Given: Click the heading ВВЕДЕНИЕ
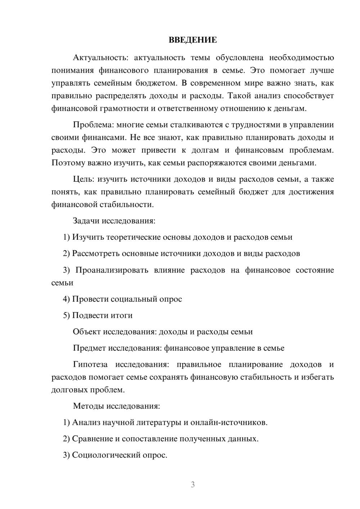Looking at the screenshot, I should (193, 40).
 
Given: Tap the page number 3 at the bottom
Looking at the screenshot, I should (193, 485).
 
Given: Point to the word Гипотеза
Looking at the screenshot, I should (90, 364).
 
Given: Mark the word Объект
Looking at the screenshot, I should (87, 332).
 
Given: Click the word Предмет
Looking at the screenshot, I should (89, 348).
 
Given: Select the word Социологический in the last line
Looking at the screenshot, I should (102, 455).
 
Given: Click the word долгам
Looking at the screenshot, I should (206, 150).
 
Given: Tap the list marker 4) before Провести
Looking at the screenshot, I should (66, 299).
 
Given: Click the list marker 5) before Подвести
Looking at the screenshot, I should (66, 315).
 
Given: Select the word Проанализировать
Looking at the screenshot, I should (112, 270).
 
